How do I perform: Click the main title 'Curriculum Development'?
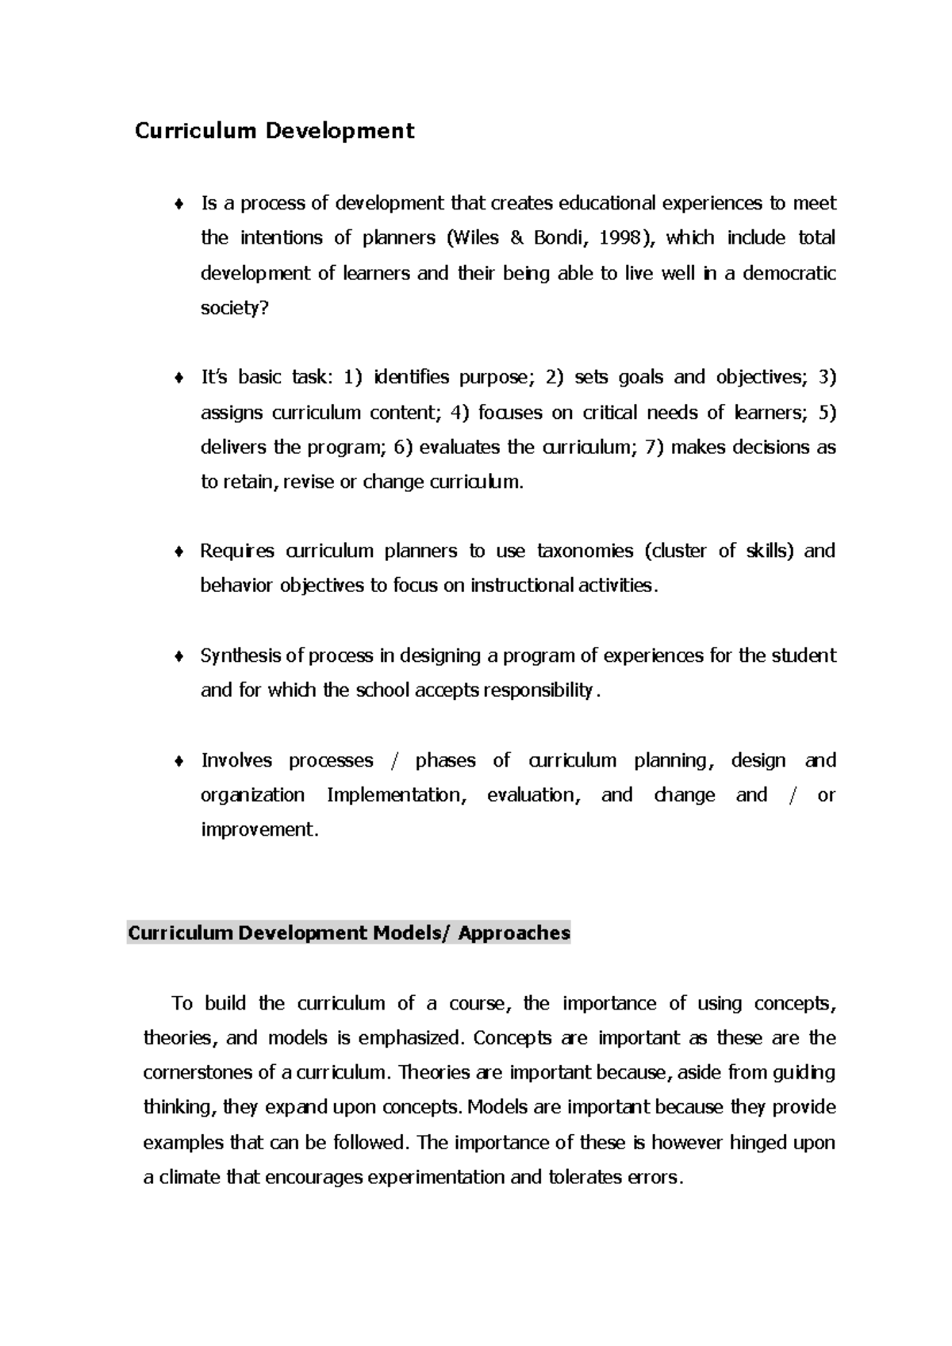coord(274,130)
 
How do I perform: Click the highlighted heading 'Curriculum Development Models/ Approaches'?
coord(349,933)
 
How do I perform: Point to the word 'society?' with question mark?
coord(235,308)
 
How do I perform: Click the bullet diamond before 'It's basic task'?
coord(180,378)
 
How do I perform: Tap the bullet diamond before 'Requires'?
coord(180,552)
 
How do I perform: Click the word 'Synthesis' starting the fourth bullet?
coord(240,656)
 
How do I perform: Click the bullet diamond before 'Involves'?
coord(180,761)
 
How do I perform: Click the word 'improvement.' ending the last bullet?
coord(259,829)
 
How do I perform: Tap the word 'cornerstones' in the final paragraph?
coord(198,1073)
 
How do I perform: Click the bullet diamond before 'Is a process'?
coord(180,204)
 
